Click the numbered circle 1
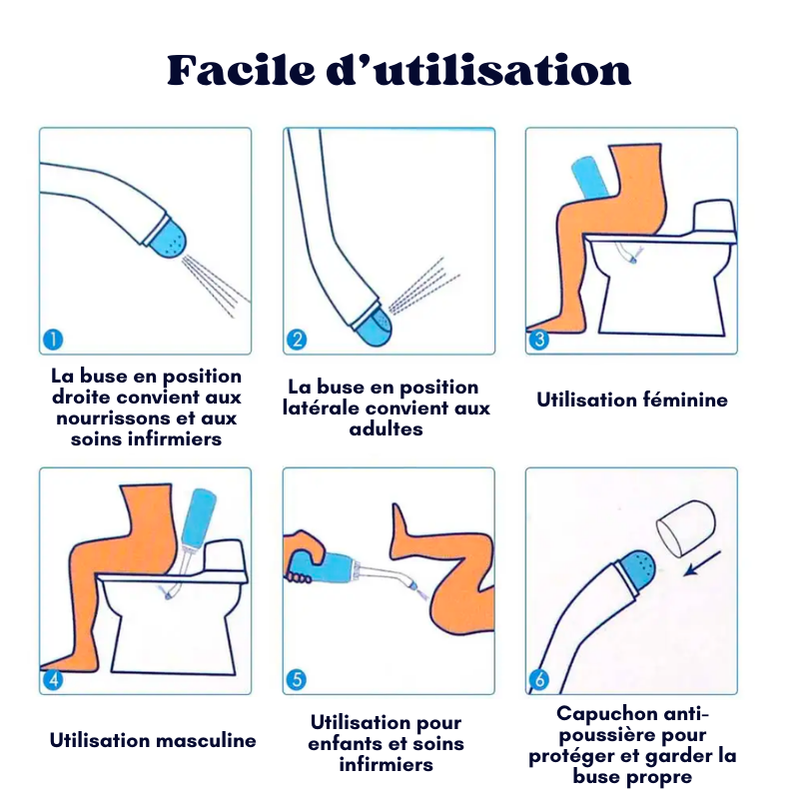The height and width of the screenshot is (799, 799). click(x=53, y=340)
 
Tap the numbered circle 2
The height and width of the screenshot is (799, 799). click(x=297, y=340)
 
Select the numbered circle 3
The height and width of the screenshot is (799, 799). click(x=539, y=340)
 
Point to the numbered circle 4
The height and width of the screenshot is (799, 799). click(x=53, y=681)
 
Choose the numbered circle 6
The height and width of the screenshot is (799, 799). click(x=539, y=681)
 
